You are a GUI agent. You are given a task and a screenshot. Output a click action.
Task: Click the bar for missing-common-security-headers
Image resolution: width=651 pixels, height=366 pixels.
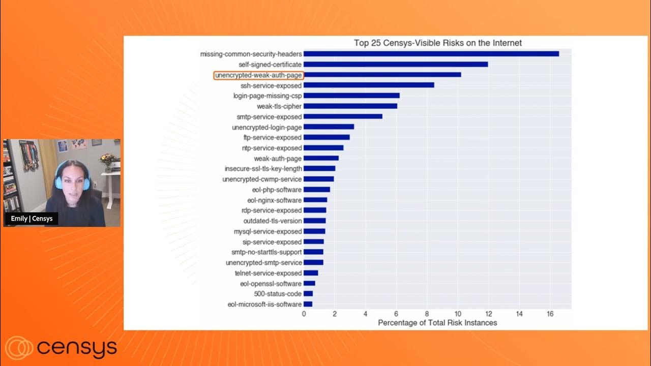(x=431, y=54)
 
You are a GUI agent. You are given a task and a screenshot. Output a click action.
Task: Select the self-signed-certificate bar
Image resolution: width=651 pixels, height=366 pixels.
(x=396, y=65)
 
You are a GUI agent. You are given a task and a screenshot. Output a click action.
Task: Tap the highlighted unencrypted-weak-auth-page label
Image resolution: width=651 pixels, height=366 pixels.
(x=258, y=75)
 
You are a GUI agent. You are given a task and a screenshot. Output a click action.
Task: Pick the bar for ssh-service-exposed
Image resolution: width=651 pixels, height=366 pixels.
(x=369, y=85)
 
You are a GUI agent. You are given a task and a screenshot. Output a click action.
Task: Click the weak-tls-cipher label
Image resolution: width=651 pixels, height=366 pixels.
(x=279, y=106)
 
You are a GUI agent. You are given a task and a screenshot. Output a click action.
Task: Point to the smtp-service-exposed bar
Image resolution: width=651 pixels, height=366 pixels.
(x=343, y=116)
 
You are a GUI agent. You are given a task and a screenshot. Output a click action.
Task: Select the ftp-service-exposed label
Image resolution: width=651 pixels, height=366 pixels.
(x=272, y=137)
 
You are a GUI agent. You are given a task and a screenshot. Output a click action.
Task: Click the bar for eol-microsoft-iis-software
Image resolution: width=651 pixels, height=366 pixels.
(x=308, y=304)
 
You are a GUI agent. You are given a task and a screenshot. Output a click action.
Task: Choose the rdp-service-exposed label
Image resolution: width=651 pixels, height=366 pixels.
(x=271, y=210)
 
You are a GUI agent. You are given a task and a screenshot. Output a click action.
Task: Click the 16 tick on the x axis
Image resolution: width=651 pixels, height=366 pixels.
(x=550, y=314)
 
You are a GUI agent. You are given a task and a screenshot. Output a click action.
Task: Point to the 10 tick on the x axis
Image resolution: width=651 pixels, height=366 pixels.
(x=458, y=314)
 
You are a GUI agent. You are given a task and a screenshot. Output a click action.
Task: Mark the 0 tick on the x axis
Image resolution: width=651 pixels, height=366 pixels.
(x=304, y=314)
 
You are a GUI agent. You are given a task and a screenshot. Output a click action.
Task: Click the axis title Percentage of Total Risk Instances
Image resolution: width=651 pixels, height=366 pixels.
(x=437, y=323)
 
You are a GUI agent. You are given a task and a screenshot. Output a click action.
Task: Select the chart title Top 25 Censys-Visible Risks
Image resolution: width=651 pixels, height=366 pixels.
(x=437, y=43)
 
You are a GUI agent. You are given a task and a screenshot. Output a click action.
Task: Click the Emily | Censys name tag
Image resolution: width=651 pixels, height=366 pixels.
(x=32, y=219)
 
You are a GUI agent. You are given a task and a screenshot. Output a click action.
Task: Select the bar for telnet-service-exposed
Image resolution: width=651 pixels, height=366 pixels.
(x=311, y=273)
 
